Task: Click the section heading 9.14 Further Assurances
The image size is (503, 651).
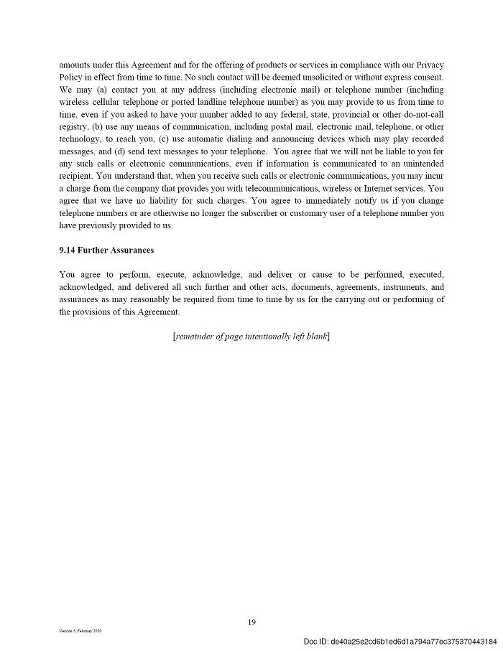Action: (106, 250)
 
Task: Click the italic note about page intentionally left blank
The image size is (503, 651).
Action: (251, 337)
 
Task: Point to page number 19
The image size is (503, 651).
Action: (251, 622)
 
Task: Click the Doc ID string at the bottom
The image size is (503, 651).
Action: (400, 641)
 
